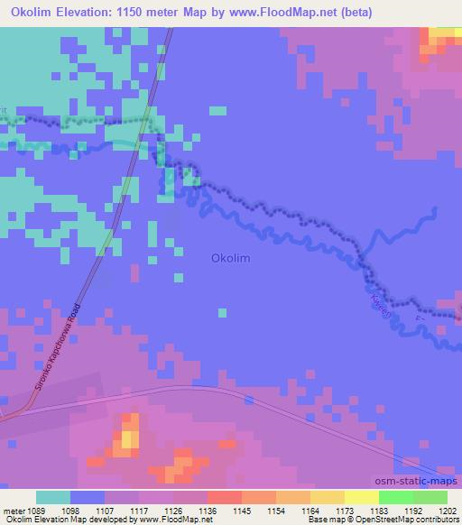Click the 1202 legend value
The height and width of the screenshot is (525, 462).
click(x=448, y=511)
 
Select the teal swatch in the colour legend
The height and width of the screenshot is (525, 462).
click(x=53, y=497)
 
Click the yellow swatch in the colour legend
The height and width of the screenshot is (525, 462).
click(x=328, y=497)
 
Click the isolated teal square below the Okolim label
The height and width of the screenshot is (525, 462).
click(x=221, y=313)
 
